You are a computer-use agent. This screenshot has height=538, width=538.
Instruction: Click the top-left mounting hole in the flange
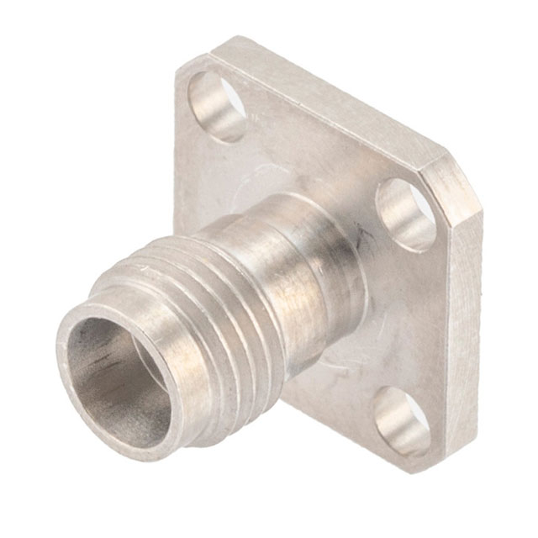tap(217, 105)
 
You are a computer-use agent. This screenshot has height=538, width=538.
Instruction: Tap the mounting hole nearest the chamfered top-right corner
tap(406, 214)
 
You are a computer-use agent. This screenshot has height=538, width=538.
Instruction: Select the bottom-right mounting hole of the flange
tap(402, 419)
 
